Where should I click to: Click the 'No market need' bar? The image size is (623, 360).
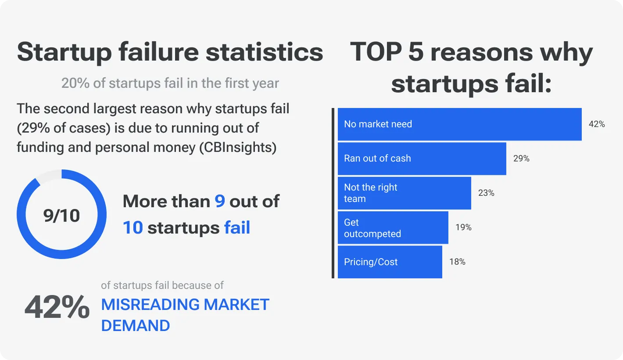459,124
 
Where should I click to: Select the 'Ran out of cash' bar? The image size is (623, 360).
422,158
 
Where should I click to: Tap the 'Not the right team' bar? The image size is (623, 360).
404,193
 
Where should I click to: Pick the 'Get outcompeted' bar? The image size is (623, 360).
393,227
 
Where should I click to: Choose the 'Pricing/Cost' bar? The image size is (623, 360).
390,262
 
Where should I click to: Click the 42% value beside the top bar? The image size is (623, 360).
597,124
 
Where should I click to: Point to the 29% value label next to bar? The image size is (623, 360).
521,158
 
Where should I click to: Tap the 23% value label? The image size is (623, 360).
486,193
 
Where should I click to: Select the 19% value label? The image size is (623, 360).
463,227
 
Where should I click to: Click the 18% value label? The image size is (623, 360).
457,262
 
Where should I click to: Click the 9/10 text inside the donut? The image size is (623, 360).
61,216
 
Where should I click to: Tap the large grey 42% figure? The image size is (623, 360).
57,307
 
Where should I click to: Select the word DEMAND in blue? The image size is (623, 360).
136,326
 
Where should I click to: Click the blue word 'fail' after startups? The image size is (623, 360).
237,228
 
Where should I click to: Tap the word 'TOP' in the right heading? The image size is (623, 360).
376,52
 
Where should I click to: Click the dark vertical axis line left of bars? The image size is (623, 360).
333,193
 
